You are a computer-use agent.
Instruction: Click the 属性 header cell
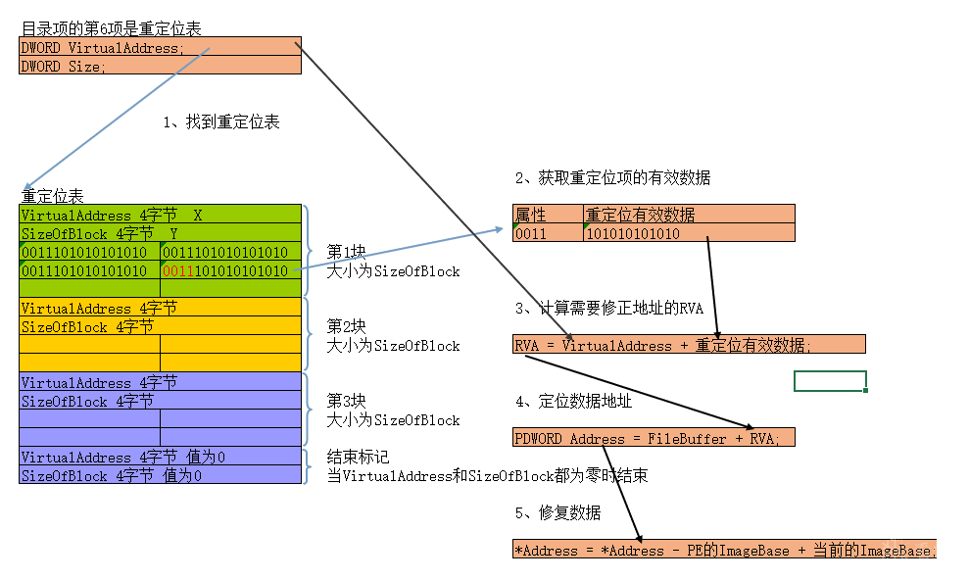(548, 214)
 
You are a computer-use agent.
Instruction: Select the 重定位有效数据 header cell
(689, 214)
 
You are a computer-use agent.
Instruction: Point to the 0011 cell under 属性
(548, 233)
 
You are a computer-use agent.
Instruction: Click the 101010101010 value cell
(689, 233)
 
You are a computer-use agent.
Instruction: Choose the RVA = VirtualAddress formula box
(689, 344)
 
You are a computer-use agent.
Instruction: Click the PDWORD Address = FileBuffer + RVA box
(654, 438)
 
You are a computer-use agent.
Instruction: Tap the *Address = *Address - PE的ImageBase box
(725, 550)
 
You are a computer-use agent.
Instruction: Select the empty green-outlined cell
(830, 381)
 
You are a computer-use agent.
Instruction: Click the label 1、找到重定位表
(221, 122)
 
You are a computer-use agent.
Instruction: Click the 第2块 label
(347, 326)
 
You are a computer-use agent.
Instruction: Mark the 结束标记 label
(359, 457)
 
